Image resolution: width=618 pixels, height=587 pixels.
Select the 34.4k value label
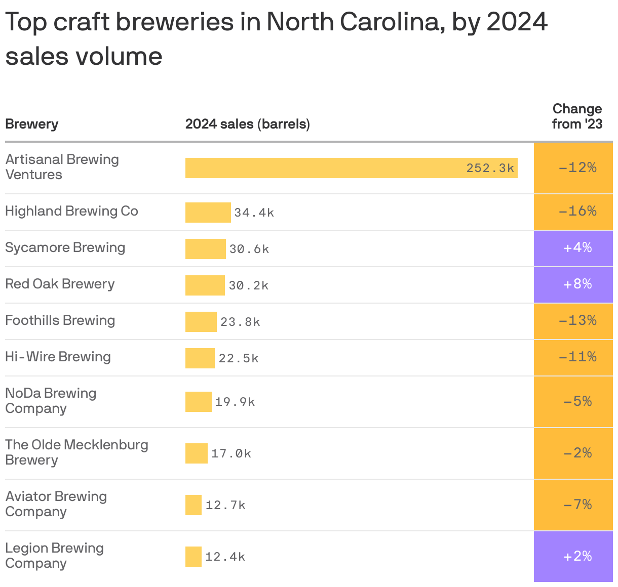coord(254,213)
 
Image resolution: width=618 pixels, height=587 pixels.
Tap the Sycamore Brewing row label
coord(65,247)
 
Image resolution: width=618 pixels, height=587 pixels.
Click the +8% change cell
coord(573,284)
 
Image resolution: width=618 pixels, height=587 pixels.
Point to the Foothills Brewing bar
coord(201,322)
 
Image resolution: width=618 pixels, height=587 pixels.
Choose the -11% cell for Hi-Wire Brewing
coord(573,357)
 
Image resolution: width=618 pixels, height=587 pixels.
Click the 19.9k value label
coord(235,402)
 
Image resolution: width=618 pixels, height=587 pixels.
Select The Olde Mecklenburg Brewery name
coord(76,452)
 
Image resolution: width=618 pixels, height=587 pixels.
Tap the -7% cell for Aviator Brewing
coord(573,505)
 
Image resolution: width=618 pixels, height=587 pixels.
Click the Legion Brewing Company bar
coord(193,557)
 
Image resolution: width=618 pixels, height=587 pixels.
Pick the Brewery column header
coord(31,124)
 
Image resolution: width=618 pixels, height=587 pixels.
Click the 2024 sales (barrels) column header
coord(247,124)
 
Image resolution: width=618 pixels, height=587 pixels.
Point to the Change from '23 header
coord(577,116)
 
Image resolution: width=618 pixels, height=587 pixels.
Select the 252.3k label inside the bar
coord(490,168)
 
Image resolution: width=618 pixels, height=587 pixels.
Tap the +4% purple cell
coord(573,248)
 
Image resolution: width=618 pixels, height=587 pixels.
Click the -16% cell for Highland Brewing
coord(573,211)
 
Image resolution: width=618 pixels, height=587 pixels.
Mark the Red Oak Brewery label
coord(60,284)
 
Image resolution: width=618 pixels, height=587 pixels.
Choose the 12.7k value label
coord(225,505)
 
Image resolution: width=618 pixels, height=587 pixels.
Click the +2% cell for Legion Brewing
coord(573,557)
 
